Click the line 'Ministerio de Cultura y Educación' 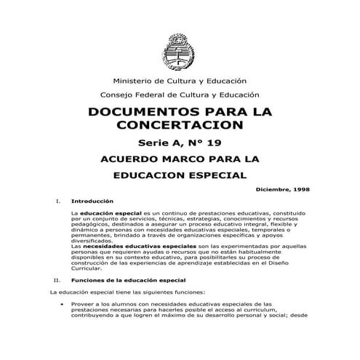click(180, 80)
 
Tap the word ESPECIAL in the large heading click(216, 175)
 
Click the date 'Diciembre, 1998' click(284, 189)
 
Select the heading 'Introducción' click(93, 200)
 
